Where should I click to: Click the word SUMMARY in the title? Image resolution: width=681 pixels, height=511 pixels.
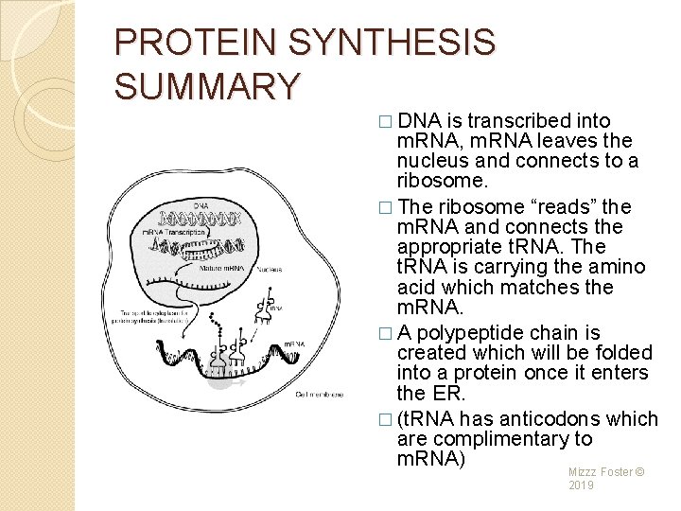[207, 86]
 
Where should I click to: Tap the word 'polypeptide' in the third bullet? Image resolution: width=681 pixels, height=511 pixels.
[479, 332]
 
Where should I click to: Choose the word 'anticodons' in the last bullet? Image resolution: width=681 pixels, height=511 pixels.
[540, 418]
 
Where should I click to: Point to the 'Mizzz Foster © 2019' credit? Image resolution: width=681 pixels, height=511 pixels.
[606, 478]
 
